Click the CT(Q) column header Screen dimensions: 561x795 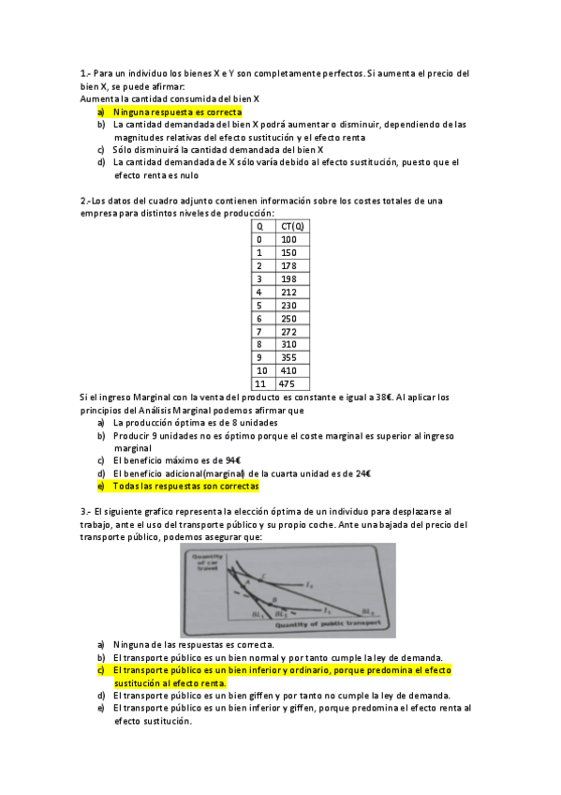292,226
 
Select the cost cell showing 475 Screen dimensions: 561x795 288,383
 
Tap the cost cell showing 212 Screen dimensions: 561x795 288,292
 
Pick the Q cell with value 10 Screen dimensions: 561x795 261,370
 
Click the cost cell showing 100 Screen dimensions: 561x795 288,239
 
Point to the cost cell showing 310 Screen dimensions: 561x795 288,344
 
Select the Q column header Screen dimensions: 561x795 259,226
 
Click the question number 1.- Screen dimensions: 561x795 86,72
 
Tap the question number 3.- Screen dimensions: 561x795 86,511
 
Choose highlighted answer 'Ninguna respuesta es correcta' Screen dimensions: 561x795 177,112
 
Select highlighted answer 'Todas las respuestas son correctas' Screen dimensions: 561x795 185,487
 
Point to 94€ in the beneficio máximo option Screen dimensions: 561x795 233,460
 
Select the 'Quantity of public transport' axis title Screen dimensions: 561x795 329,622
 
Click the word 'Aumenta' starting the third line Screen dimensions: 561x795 98,98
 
